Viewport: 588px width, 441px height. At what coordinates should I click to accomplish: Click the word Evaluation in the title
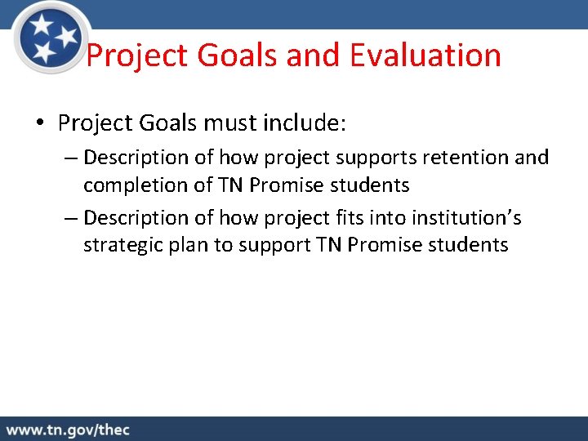tap(425, 56)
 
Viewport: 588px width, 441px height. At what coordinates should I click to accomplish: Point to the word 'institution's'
tap(484, 218)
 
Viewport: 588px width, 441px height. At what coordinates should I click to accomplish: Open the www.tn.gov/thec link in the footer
tap(69, 430)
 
